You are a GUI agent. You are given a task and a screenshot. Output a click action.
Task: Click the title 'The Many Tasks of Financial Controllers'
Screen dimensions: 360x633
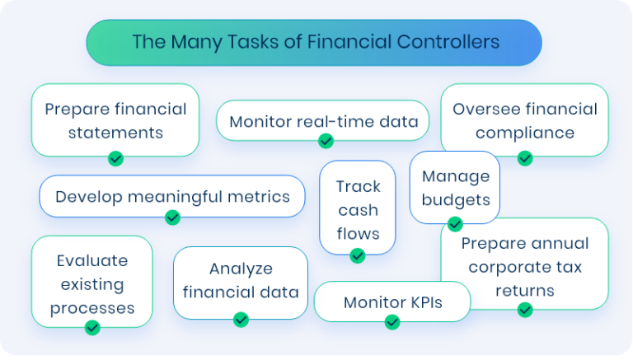pos(316,42)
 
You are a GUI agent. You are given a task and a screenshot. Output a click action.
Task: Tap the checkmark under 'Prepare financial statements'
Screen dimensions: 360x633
pos(116,157)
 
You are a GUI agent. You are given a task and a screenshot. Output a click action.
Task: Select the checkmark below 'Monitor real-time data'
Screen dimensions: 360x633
pos(326,141)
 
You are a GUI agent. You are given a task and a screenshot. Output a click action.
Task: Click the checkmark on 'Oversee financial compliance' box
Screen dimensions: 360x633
pos(525,157)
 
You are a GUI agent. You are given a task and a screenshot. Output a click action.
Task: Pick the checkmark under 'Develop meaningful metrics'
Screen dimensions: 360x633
pos(172,217)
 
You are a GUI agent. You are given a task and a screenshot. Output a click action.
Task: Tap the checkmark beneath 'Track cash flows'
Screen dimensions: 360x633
pos(357,255)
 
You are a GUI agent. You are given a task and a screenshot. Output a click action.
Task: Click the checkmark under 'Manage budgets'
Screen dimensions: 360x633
pos(455,223)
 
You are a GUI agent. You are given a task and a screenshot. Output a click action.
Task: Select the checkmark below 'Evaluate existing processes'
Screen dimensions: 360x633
pos(92,327)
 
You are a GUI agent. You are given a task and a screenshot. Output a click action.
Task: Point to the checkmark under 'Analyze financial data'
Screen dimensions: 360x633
pos(241,319)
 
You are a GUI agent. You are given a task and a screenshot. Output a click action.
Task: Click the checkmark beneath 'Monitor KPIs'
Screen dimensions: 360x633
pos(392,321)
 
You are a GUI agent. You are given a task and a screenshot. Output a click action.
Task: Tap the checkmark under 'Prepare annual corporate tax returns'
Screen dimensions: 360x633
pos(525,310)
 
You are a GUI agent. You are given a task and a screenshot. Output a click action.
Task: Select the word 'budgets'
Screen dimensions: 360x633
pos(455,199)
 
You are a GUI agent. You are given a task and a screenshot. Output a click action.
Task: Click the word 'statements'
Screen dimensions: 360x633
pos(116,133)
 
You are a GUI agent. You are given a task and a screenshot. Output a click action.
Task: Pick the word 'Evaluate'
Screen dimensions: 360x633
pos(92,260)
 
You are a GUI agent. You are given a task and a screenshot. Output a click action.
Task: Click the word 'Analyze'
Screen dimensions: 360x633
pos(241,269)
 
